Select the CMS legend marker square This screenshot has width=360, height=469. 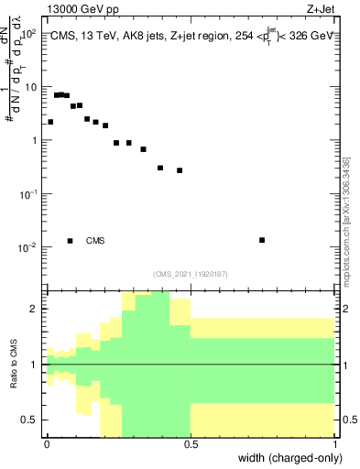point(70,241)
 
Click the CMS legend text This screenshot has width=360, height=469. point(95,241)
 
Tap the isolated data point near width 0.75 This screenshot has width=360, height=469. point(262,240)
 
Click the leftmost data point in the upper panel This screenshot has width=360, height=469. point(50,122)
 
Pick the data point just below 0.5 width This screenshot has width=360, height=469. point(180,170)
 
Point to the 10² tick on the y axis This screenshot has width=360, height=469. point(29,33)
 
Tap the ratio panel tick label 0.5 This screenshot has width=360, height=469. point(30,420)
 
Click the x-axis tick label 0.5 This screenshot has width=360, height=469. point(191,443)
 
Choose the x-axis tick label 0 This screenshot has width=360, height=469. point(47,443)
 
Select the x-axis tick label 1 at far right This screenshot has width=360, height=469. point(334,443)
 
